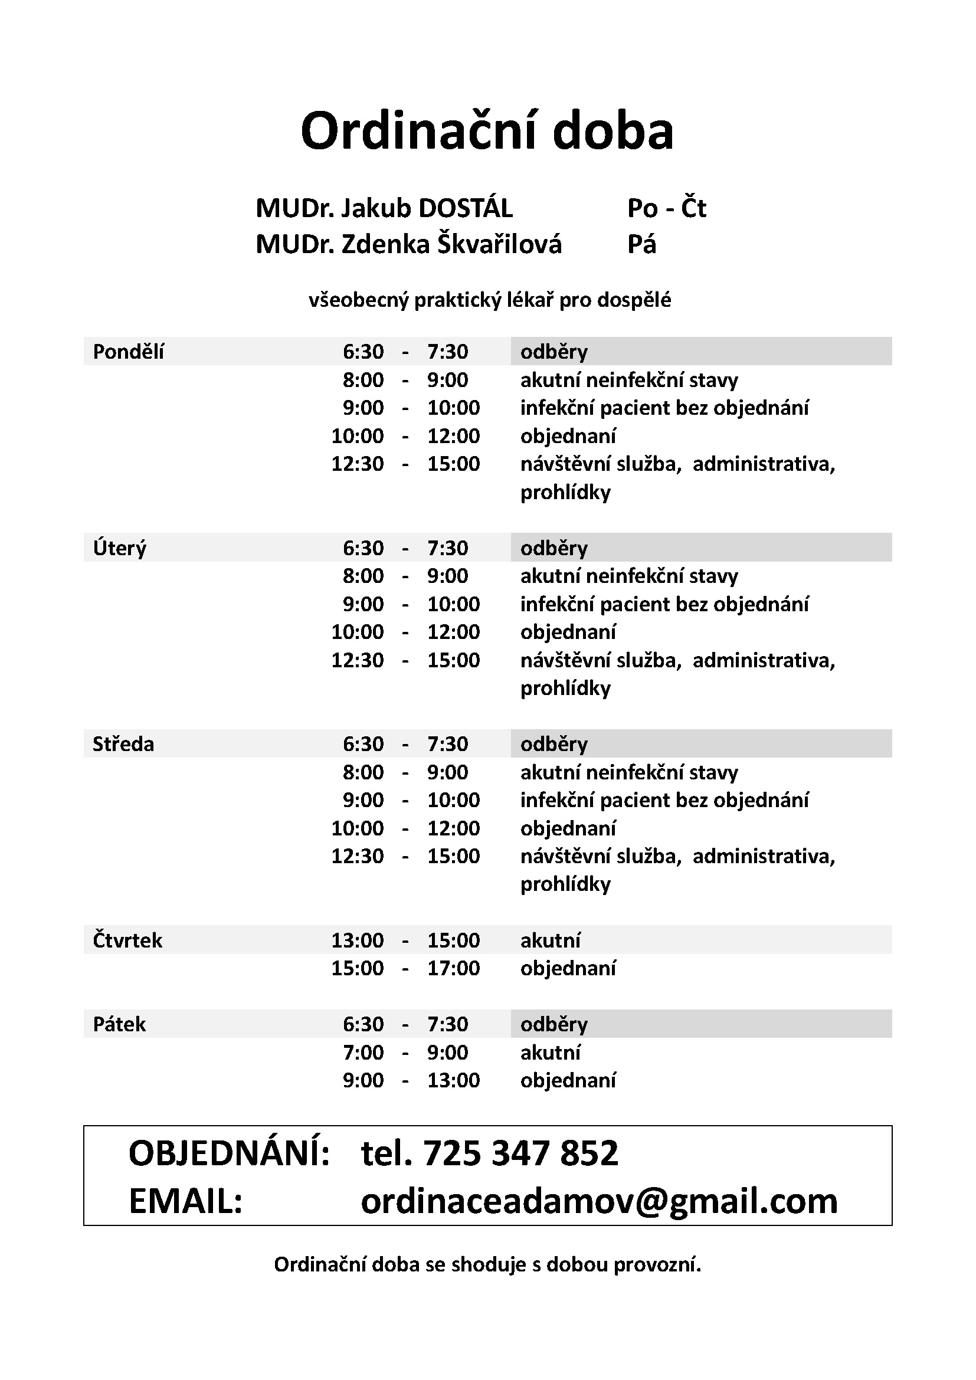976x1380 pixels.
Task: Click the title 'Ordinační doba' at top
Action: pos(487,131)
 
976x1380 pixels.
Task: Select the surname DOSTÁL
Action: pos(465,208)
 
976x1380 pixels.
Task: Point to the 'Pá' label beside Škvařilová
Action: pos(641,245)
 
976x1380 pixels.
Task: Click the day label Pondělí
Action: pos(128,352)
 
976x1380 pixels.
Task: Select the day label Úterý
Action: pos(120,548)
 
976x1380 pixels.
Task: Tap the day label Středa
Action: pos(123,744)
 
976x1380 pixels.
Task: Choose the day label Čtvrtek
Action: pos(127,940)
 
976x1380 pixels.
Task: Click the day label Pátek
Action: pos(119,1024)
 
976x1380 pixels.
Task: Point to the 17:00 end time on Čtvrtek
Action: pos(453,968)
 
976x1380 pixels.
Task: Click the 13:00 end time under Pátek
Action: pos(453,1080)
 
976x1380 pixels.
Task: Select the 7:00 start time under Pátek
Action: pos(363,1053)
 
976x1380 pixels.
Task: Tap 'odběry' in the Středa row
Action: pos(553,744)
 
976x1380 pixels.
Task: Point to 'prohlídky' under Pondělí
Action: pos(565,492)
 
